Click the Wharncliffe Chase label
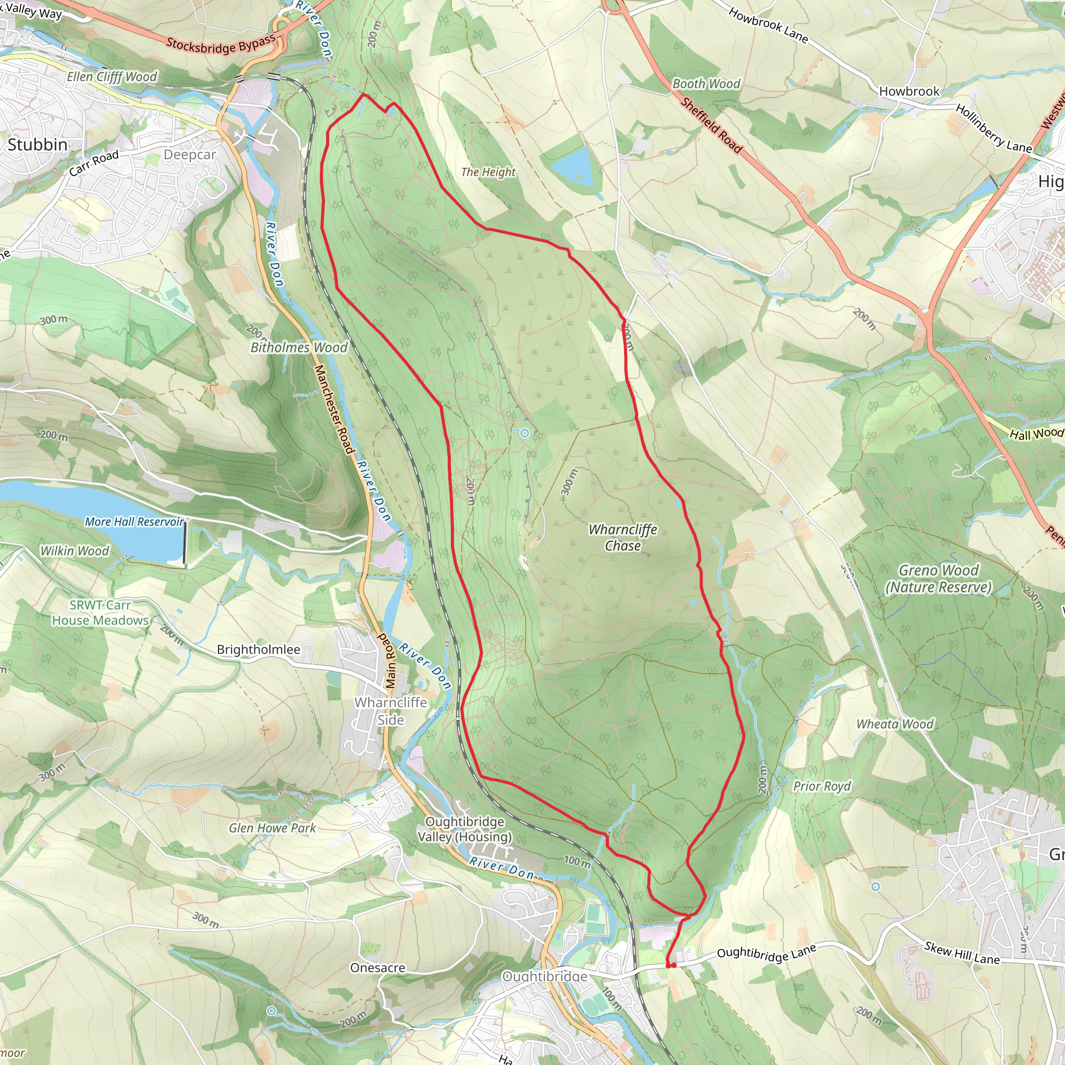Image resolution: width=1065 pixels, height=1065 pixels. [x=623, y=538]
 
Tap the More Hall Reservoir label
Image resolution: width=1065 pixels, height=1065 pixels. [x=134, y=522]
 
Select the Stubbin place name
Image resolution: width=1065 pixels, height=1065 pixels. [x=37, y=145]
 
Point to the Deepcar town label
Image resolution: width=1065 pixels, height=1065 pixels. [x=190, y=155]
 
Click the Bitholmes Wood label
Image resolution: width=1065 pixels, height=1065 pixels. [x=299, y=347]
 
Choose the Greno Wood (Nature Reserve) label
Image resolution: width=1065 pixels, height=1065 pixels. [x=938, y=579]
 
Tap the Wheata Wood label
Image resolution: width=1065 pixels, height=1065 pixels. [x=894, y=724]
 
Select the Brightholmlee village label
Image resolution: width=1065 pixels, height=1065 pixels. [x=258, y=650]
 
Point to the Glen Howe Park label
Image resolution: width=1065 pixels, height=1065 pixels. [x=272, y=828]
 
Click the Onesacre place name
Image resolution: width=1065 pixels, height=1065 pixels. [x=378, y=968]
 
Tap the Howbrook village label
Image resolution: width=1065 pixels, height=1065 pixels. [x=909, y=92]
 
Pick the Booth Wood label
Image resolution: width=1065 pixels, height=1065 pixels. [x=706, y=84]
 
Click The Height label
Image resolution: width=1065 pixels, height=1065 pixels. [x=488, y=172]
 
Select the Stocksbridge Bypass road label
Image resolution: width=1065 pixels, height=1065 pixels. [x=220, y=45]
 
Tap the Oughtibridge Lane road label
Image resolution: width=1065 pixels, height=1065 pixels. [x=766, y=953]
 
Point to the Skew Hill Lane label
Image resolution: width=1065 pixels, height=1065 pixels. [x=962, y=953]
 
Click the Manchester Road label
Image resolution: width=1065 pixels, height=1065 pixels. [x=333, y=409]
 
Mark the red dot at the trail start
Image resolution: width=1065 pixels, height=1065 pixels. [x=671, y=965]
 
